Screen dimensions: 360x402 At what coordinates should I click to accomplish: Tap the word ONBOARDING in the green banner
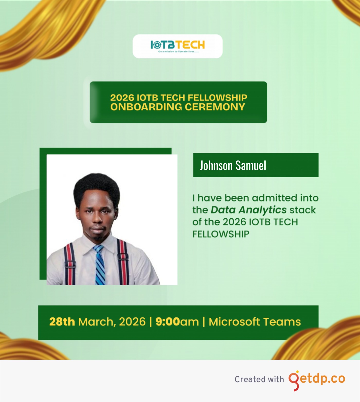click(146, 107)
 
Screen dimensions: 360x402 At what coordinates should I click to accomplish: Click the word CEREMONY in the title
click(215, 107)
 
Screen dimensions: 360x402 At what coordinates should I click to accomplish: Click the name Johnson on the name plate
click(216, 165)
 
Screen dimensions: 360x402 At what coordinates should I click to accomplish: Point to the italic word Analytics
click(263, 210)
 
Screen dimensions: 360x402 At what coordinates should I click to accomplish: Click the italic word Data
click(223, 210)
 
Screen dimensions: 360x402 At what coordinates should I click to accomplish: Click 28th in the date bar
click(62, 322)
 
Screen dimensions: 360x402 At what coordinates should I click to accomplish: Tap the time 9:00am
click(177, 322)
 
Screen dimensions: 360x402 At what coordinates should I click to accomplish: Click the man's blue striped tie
click(100, 265)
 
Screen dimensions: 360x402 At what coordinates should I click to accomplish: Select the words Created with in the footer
click(259, 379)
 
